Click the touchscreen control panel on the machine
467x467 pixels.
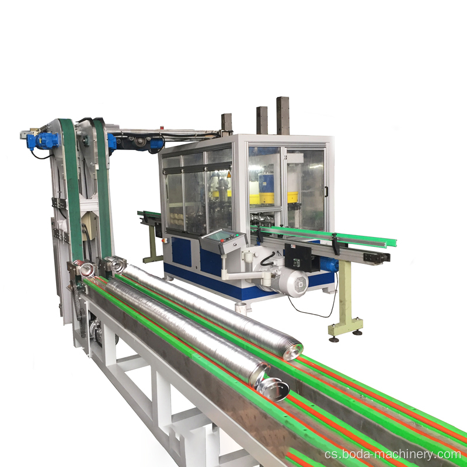coord(223,241)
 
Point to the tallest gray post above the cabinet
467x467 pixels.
coord(283,116)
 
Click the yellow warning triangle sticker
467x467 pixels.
coord(229,175)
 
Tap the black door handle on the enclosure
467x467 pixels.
coord(326,191)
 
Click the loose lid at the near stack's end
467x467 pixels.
coord(272,389)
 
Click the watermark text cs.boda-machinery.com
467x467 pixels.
coord(392,454)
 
